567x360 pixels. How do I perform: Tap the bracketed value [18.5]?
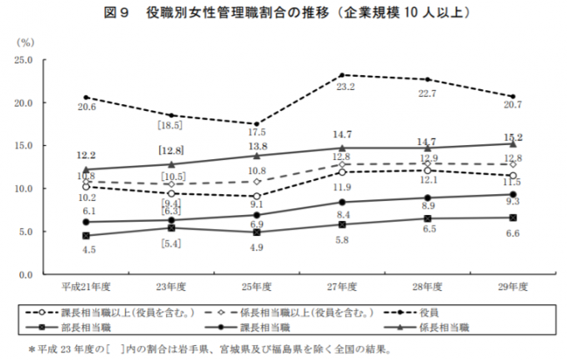tap(171, 125)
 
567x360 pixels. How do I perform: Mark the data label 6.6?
tap(513, 232)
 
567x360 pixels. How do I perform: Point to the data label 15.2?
tap(513, 137)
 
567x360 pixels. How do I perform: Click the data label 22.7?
tap(428, 93)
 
